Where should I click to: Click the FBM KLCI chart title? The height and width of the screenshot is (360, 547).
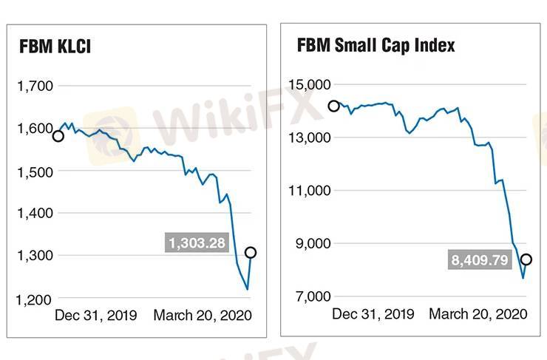click(x=55, y=49)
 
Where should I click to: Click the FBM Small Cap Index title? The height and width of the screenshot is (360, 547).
click(x=376, y=45)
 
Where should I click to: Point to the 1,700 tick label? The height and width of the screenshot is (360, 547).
click(x=35, y=86)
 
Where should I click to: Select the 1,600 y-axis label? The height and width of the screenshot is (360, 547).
click(x=35, y=129)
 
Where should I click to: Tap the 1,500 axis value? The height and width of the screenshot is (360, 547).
click(x=35, y=171)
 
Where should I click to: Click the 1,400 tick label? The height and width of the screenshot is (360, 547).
click(x=35, y=214)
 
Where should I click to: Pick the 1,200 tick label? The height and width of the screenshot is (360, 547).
click(x=35, y=299)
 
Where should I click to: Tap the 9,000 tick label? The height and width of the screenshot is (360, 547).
click(x=313, y=244)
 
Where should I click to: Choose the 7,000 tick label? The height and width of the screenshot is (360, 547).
click(x=313, y=296)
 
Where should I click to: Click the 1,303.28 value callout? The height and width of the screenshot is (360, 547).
click(x=197, y=242)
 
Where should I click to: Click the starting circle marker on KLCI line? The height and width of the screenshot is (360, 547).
click(x=58, y=136)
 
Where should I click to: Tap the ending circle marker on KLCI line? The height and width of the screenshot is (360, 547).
click(x=251, y=253)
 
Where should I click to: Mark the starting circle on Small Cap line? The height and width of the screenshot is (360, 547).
click(x=333, y=106)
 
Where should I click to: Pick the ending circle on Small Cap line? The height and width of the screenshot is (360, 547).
click(x=526, y=259)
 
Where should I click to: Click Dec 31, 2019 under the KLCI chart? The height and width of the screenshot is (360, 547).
click(x=96, y=316)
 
